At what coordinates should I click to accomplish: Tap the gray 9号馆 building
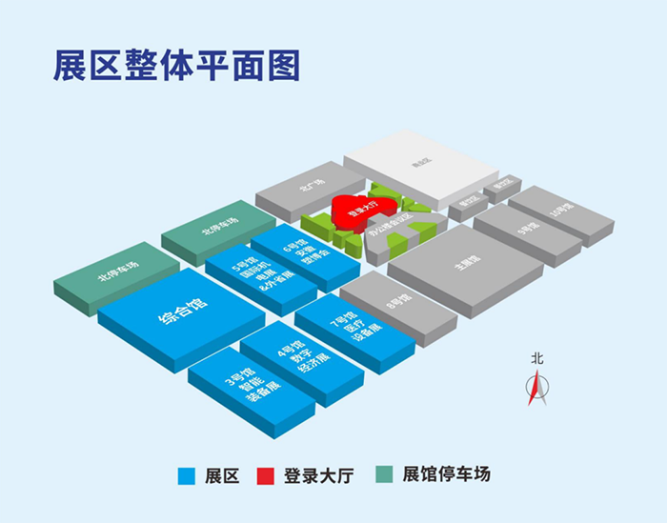pos(525,229)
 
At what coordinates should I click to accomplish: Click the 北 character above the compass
pos(537,359)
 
